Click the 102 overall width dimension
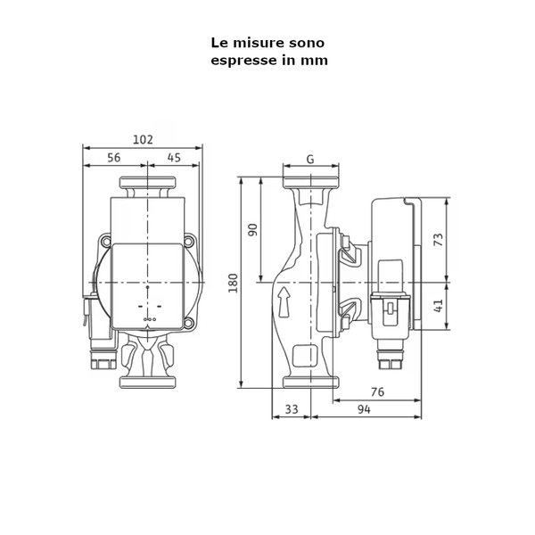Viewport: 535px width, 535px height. [x=143, y=139]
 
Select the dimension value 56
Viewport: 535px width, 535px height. [x=114, y=158]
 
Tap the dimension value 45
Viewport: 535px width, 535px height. [x=174, y=158]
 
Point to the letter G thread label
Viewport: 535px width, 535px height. [x=309, y=160]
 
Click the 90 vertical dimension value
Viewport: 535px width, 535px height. [x=252, y=229]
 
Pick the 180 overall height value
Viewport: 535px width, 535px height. [x=234, y=282]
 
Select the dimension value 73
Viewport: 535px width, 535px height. [x=438, y=239]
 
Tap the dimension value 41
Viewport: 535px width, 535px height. [x=438, y=306]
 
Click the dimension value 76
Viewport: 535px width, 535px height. [x=377, y=391]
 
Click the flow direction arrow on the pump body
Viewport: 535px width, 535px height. [x=284, y=302]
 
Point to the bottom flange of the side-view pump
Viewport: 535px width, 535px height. [x=309, y=382]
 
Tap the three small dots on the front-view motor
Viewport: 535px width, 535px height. [x=149, y=318]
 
